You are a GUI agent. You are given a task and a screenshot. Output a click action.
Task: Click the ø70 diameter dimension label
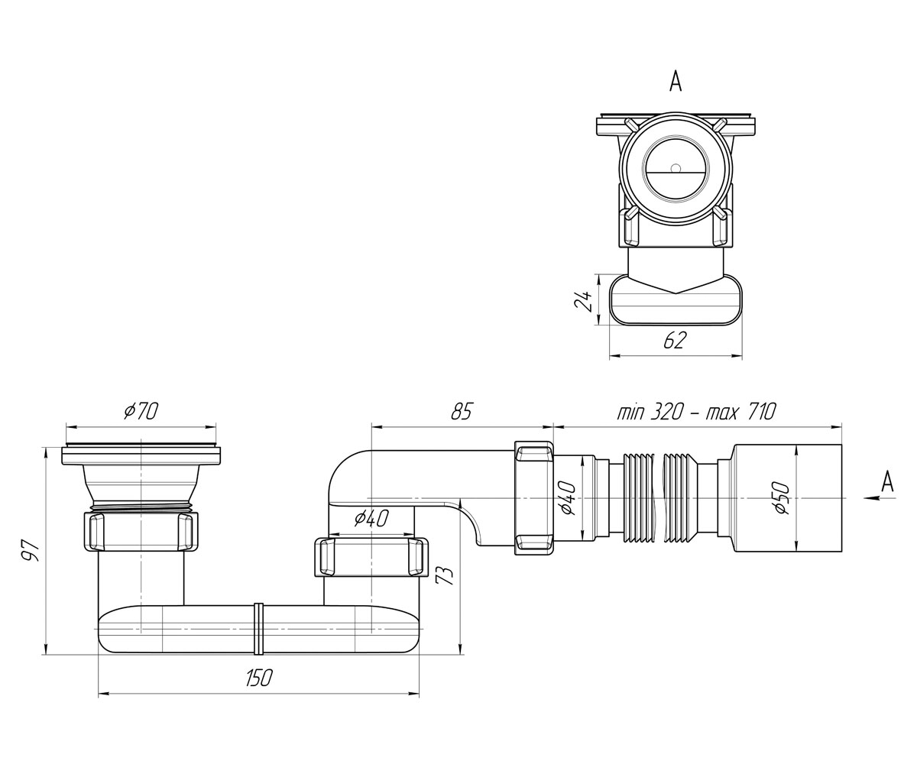(140, 412)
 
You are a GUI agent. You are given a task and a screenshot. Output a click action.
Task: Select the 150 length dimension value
(259, 678)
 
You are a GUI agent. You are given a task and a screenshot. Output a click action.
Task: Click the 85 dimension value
(461, 412)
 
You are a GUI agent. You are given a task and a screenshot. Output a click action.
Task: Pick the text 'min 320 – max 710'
(695, 412)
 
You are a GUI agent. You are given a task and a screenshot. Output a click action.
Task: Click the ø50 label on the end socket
(783, 497)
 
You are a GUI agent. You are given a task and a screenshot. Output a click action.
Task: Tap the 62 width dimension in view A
(675, 340)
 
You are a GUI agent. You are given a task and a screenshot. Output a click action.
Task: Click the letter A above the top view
(676, 81)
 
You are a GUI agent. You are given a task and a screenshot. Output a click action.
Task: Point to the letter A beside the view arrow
(887, 481)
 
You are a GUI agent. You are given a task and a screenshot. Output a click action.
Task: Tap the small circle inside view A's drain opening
(676, 167)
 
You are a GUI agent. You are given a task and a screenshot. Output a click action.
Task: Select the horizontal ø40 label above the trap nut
(371, 518)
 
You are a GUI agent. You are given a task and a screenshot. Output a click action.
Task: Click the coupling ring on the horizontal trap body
(259, 630)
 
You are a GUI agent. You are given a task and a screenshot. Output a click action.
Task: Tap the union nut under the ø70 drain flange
(141, 531)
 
